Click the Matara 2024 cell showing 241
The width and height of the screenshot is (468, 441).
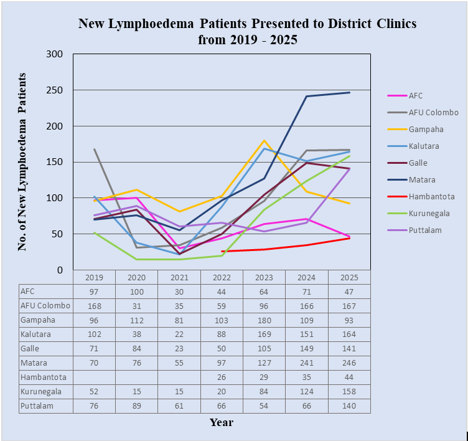pos(307,363)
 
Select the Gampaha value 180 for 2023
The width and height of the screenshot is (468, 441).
pos(264,320)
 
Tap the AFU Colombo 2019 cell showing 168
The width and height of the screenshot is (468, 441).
pos(94,306)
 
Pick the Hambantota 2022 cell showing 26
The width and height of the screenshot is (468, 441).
pos(222,377)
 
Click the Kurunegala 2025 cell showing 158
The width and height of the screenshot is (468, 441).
pos(349,392)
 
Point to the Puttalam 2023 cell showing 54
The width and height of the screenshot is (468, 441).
pos(264,406)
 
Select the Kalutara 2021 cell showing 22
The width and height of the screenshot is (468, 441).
pos(179,334)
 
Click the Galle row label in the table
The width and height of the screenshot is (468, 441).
pos(28,349)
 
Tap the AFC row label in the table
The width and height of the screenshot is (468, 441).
pos(27,292)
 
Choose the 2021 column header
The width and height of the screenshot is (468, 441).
pos(179,277)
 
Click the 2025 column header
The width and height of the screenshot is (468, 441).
pos(349,277)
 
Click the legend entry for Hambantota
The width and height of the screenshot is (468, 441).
pos(432,196)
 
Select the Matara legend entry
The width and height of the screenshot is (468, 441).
pos(423,179)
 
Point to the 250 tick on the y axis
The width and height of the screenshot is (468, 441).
pos(55,90)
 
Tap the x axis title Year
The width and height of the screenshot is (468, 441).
pos(222,422)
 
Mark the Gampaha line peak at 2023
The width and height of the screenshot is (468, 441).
pos(264,141)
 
